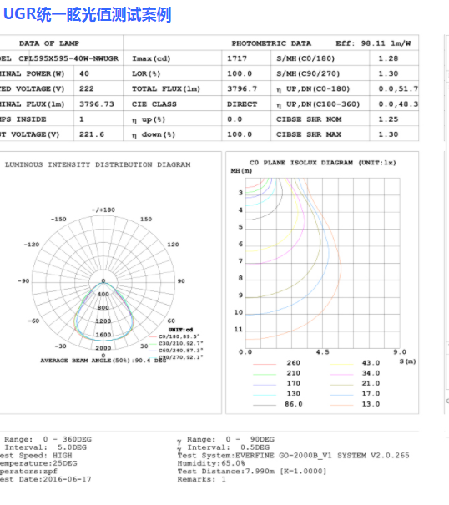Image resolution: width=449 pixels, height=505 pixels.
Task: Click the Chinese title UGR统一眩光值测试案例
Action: [x=87, y=14]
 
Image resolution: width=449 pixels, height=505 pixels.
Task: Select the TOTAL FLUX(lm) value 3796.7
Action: [x=243, y=88]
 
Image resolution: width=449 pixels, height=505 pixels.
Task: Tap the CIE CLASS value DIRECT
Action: [x=242, y=104]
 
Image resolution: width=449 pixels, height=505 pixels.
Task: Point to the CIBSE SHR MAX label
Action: [x=311, y=134]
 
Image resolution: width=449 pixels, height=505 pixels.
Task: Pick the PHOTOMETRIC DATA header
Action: [x=271, y=43]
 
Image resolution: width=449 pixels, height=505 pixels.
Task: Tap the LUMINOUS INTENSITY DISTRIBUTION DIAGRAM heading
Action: [x=98, y=164]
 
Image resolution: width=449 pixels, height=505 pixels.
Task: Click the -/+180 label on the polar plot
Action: [x=103, y=210]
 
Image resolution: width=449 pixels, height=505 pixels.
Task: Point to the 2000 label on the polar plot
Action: [x=103, y=348]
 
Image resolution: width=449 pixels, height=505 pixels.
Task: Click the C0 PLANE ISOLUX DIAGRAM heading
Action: [x=322, y=162]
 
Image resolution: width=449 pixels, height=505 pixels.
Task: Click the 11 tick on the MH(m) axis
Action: [x=238, y=330]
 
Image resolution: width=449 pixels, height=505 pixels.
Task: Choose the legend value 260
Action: [x=293, y=362]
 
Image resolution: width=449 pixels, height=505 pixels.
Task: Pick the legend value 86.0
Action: [x=293, y=404]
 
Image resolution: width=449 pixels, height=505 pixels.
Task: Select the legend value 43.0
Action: [x=371, y=362]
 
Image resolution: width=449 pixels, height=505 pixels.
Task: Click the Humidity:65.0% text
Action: [x=205, y=462]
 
